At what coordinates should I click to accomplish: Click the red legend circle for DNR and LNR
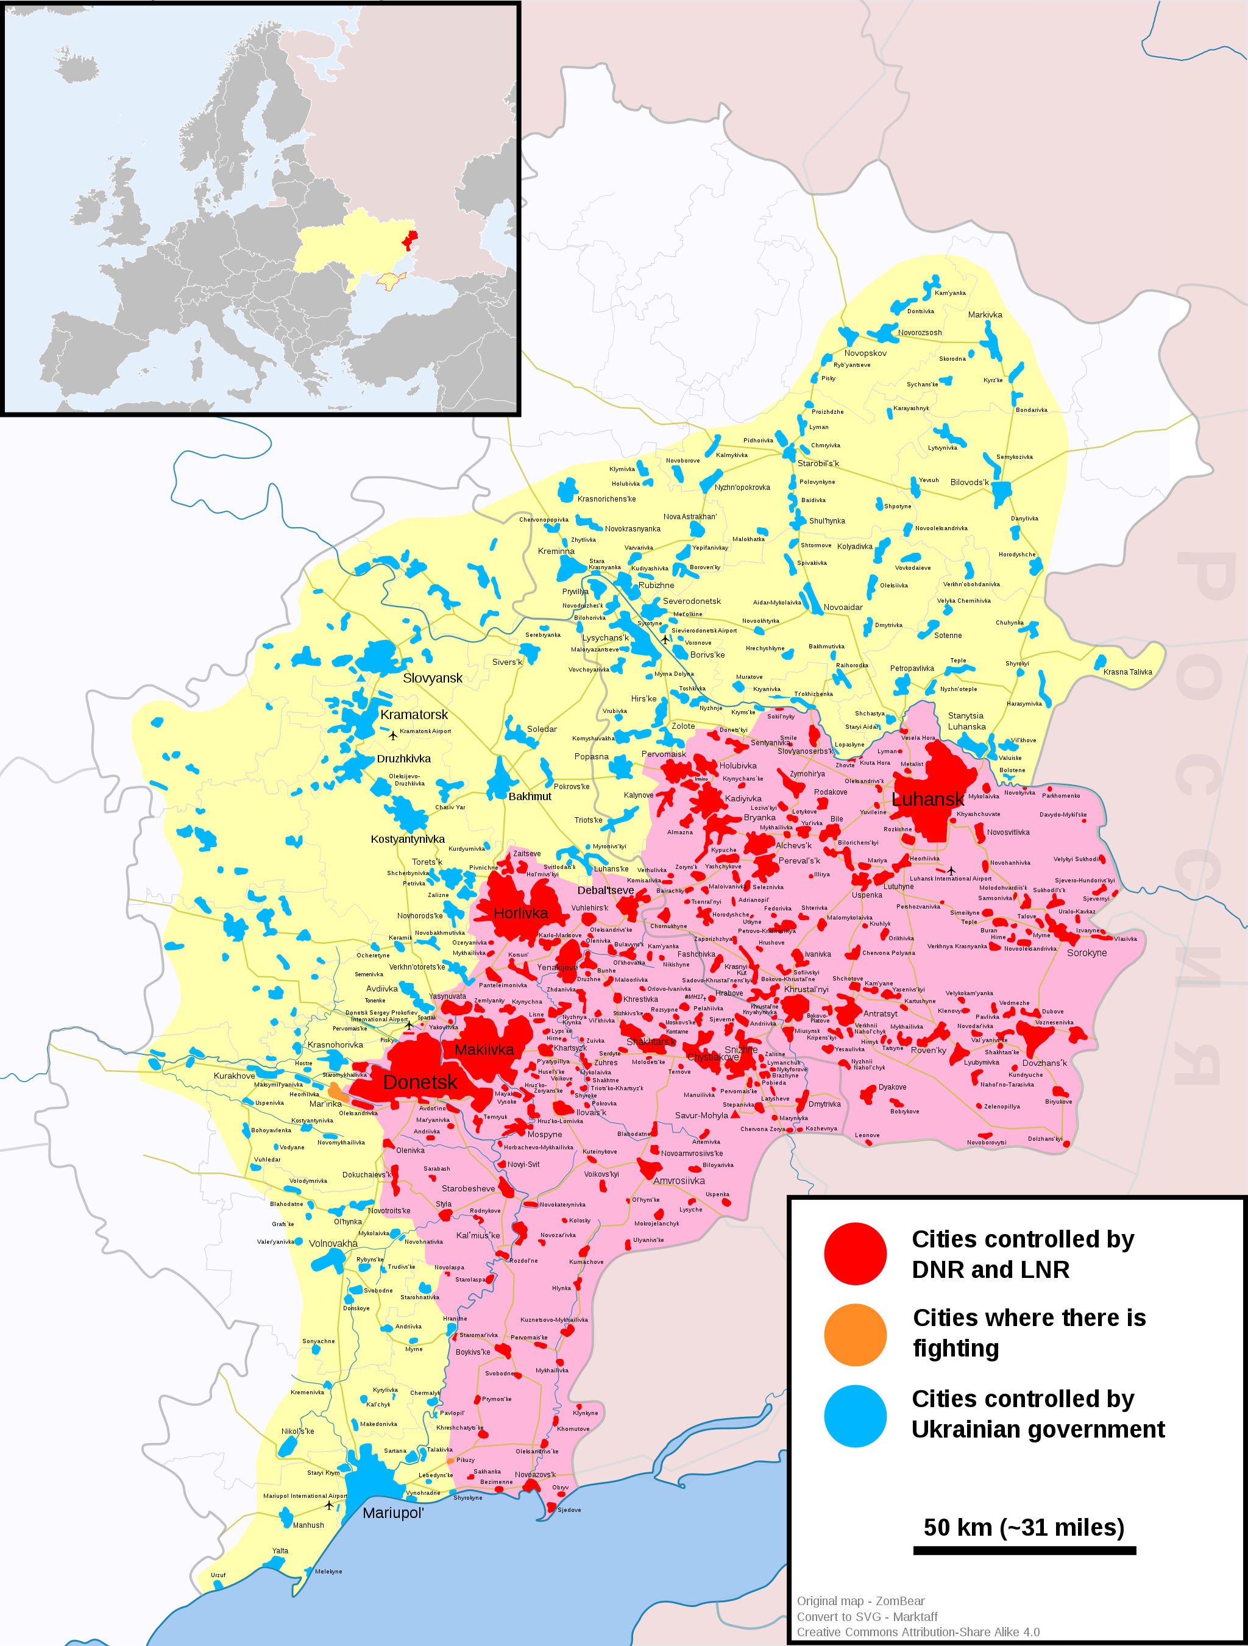[855, 1253]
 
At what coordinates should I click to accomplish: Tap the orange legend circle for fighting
[855, 1334]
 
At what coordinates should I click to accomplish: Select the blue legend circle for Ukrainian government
[855, 1415]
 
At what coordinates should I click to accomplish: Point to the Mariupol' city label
[393, 1513]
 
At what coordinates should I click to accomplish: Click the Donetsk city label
[420, 1082]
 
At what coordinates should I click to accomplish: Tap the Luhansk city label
[927, 799]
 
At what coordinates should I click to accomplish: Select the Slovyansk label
[433, 678]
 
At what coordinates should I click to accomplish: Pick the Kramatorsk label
[414, 714]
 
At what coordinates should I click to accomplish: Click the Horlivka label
[520, 913]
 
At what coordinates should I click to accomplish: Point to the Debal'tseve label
[605, 890]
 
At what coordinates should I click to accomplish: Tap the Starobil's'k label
[818, 463]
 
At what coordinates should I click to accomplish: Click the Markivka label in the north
[985, 315]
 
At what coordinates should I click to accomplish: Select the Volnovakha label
[333, 1243]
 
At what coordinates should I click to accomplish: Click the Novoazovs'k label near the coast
[534, 1474]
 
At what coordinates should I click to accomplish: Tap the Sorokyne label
[1087, 952]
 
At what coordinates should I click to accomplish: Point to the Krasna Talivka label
[1127, 672]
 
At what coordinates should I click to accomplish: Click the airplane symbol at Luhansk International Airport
[951, 870]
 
